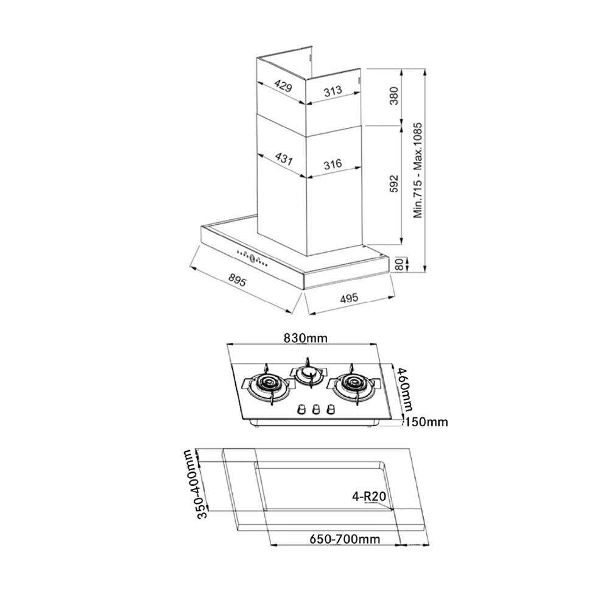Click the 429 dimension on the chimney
click(282, 86)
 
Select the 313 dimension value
click(333, 91)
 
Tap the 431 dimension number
click(283, 160)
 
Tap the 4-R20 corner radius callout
click(369, 496)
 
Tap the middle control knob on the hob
click(316, 410)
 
